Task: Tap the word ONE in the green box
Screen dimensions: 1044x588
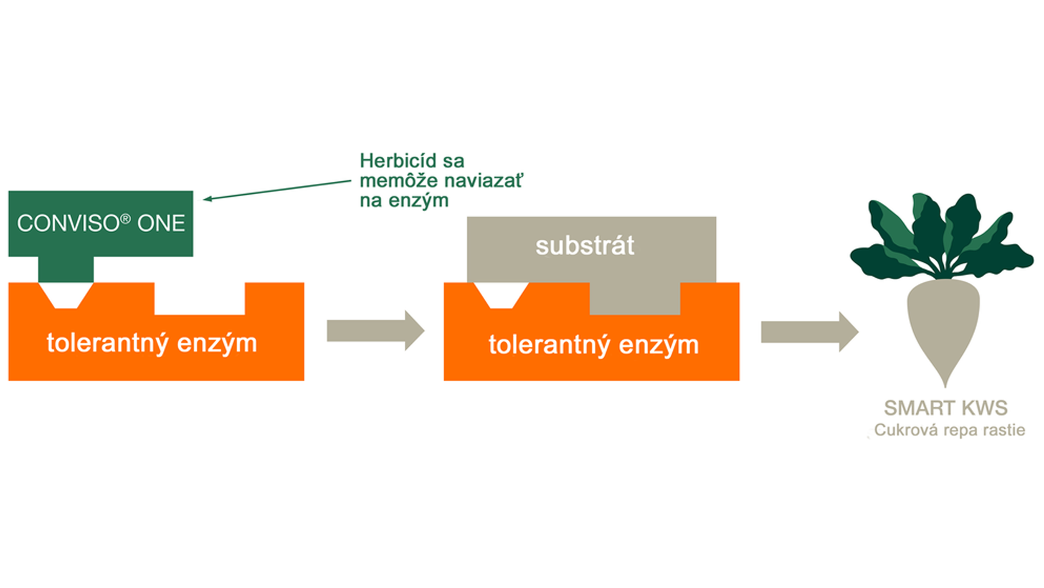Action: click(161, 223)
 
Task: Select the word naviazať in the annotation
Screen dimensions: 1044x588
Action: click(483, 181)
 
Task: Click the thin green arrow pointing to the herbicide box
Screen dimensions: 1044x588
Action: click(277, 190)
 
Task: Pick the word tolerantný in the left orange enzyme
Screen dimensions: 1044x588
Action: click(107, 344)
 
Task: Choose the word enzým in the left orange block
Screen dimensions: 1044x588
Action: click(217, 344)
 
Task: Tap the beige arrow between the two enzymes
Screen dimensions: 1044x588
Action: click(376, 330)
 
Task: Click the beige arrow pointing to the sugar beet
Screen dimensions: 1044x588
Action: click(810, 332)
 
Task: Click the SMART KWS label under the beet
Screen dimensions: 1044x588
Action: click(946, 408)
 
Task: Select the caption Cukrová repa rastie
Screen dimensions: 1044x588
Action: click(950, 430)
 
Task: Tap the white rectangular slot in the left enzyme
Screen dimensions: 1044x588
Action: click(200, 299)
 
